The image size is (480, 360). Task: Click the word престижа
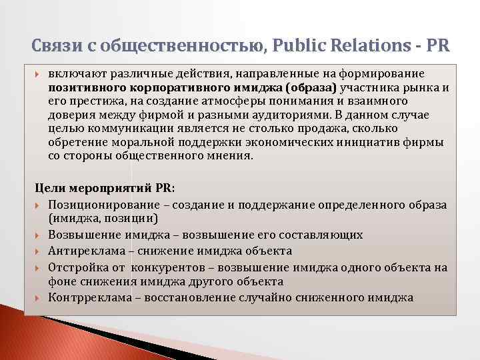[90, 101]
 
